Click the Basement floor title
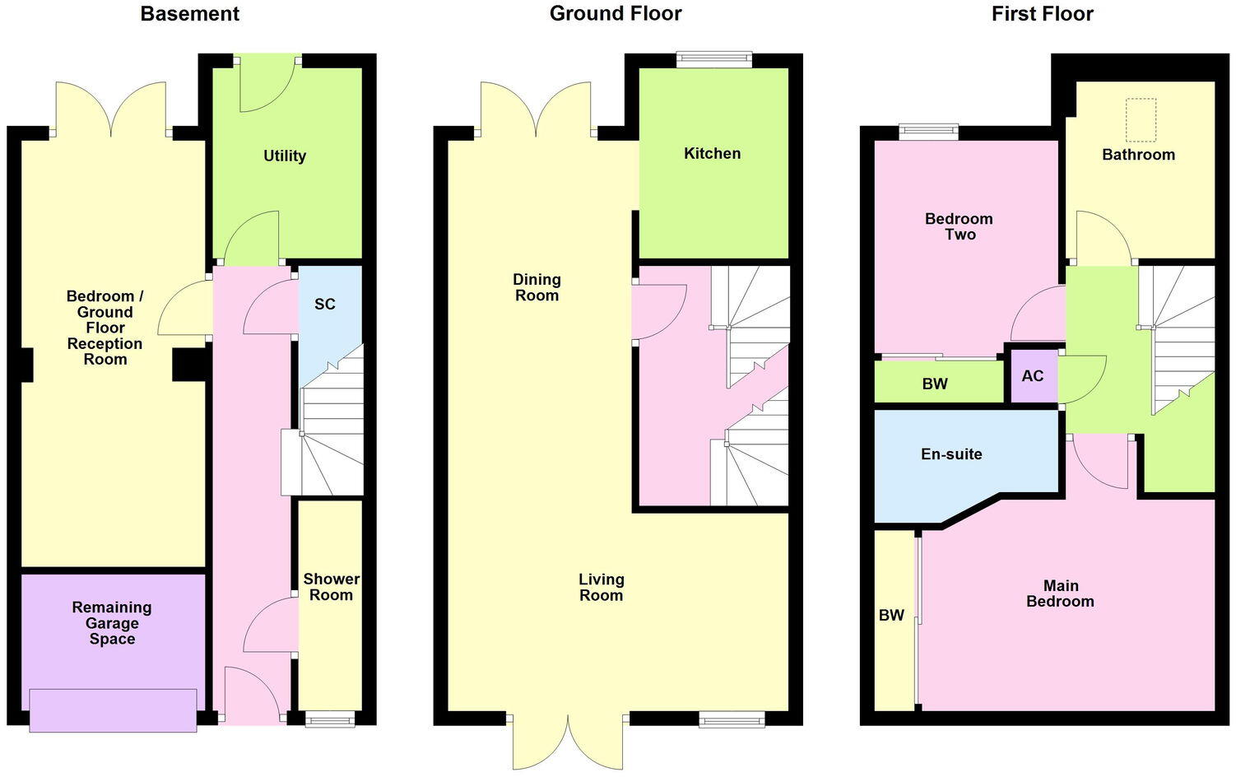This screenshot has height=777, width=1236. pos(190,14)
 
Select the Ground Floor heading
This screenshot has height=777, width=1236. pos(616,14)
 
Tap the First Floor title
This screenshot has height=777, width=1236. pos(1042,14)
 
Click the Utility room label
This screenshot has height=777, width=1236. pos(285,156)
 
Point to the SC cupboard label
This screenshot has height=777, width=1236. pos(325,304)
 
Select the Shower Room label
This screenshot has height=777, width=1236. pos(331,587)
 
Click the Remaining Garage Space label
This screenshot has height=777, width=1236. pos(112,623)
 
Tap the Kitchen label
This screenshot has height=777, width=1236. pos(713,153)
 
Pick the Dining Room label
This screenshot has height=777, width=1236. pos(537,287)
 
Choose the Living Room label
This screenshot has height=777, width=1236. pos(601,588)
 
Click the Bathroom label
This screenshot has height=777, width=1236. pos(1138,154)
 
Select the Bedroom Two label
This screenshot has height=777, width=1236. pos(959,226)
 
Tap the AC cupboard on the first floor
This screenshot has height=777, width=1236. pos(1033,376)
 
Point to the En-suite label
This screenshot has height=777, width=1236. pos(951,454)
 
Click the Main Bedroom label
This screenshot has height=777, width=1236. pos(1060,593)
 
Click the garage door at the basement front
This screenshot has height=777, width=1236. pos(113,710)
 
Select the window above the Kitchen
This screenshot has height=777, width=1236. pos(714,59)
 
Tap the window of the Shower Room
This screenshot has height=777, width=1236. pos(329,719)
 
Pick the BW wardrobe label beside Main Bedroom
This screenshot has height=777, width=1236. pos(891,615)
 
